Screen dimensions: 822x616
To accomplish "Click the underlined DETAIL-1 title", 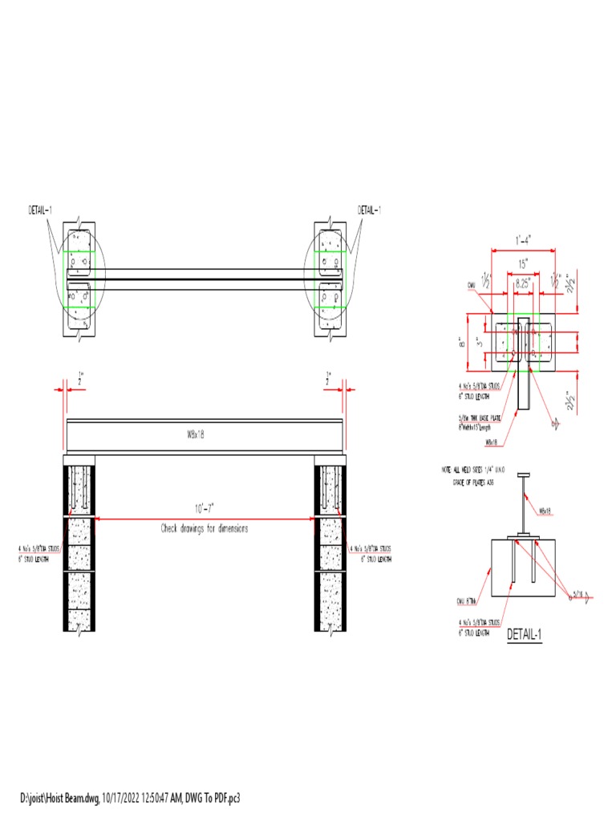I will [x=525, y=634].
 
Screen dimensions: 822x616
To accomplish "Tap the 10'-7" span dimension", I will [x=202, y=508].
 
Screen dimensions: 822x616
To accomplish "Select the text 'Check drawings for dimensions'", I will [x=205, y=528].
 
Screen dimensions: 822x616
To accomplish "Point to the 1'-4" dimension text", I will [x=524, y=240].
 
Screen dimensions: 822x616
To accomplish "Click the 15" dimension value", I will [x=523, y=263].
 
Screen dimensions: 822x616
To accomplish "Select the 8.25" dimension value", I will [x=523, y=283].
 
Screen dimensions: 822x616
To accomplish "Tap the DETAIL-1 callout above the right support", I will [x=369, y=210].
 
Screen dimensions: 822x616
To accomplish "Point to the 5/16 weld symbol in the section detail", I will [x=576, y=595].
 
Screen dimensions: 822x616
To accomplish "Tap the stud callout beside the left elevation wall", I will [x=38, y=554].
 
